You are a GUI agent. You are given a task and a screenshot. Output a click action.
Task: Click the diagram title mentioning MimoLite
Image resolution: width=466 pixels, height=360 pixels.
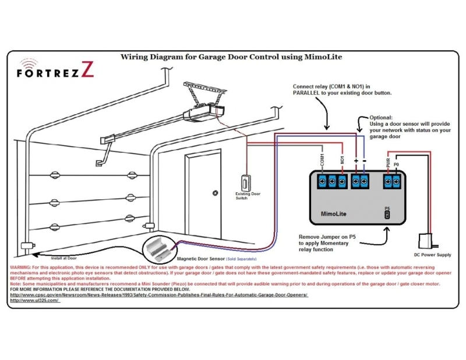coord(231,57)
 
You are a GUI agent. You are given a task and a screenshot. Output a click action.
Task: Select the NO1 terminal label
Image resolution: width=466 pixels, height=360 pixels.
coord(343,160)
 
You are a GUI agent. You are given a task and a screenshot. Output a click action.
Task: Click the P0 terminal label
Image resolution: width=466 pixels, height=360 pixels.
coord(397,164)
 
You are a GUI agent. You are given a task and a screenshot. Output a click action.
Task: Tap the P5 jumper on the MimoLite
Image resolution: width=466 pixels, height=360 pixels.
coord(387,214)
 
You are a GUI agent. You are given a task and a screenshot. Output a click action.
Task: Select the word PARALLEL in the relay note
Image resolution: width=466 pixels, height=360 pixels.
coord(309,93)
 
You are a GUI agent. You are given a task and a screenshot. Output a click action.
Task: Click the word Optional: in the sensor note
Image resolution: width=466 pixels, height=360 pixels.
coord(382,117)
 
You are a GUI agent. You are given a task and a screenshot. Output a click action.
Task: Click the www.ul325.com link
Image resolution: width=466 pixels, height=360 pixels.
coord(35,300)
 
